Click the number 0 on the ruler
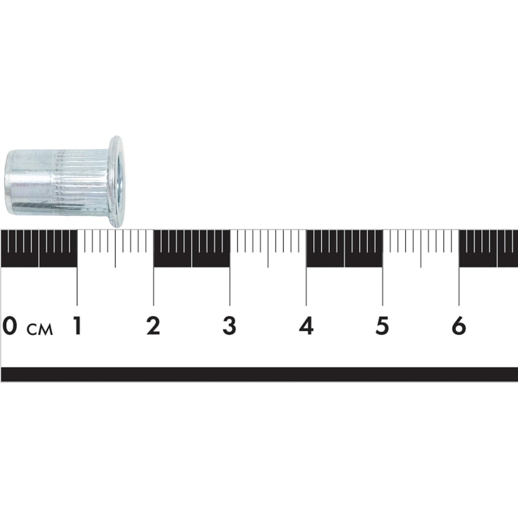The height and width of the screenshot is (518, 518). pyautogui.click(x=9, y=325)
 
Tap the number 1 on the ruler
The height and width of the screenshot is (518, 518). pyautogui.click(x=77, y=325)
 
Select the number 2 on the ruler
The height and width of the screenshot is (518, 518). pyautogui.click(x=153, y=325)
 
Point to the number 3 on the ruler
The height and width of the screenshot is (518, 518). pyautogui.click(x=229, y=325)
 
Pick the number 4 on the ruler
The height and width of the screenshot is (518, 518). pyautogui.click(x=306, y=325)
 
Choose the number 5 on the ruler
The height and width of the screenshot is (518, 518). pyautogui.click(x=382, y=325)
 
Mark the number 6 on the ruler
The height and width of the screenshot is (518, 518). pyautogui.click(x=459, y=325)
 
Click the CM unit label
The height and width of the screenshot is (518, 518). pyautogui.click(x=40, y=329)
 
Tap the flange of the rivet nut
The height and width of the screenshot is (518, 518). pyautogui.click(x=116, y=182)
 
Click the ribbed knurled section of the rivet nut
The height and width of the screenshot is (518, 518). pyautogui.click(x=80, y=182)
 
